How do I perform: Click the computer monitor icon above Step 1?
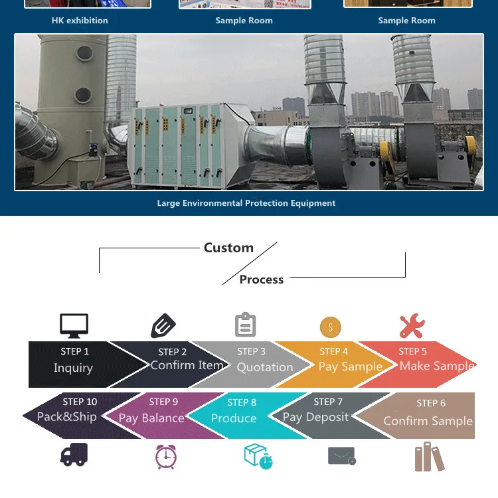tap(74, 325)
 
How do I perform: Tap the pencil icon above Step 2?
tap(163, 326)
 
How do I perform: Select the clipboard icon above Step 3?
tap(245, 325)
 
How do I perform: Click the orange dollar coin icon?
tap(330, 327)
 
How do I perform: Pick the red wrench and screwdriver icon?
tap(412, 326)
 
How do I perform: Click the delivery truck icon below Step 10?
tap(74, 455)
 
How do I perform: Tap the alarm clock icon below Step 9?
tap(165, 457)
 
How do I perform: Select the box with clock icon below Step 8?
tap(258, 457)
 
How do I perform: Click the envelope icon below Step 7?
tap(342, 456)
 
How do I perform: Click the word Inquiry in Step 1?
tap(73, 368)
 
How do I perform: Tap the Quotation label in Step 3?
tap(264, 367)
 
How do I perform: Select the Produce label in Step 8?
tap(234, 418)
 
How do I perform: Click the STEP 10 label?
tap(80, 402)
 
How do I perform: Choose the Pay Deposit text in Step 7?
tap(315, 417)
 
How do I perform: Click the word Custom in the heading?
tap(228, 248)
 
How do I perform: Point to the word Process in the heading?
tap(262, 280)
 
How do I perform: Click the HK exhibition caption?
tap(80, 21)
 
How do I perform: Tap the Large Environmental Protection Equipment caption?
tap(246, 203)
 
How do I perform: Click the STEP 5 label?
tap(413, 351)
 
